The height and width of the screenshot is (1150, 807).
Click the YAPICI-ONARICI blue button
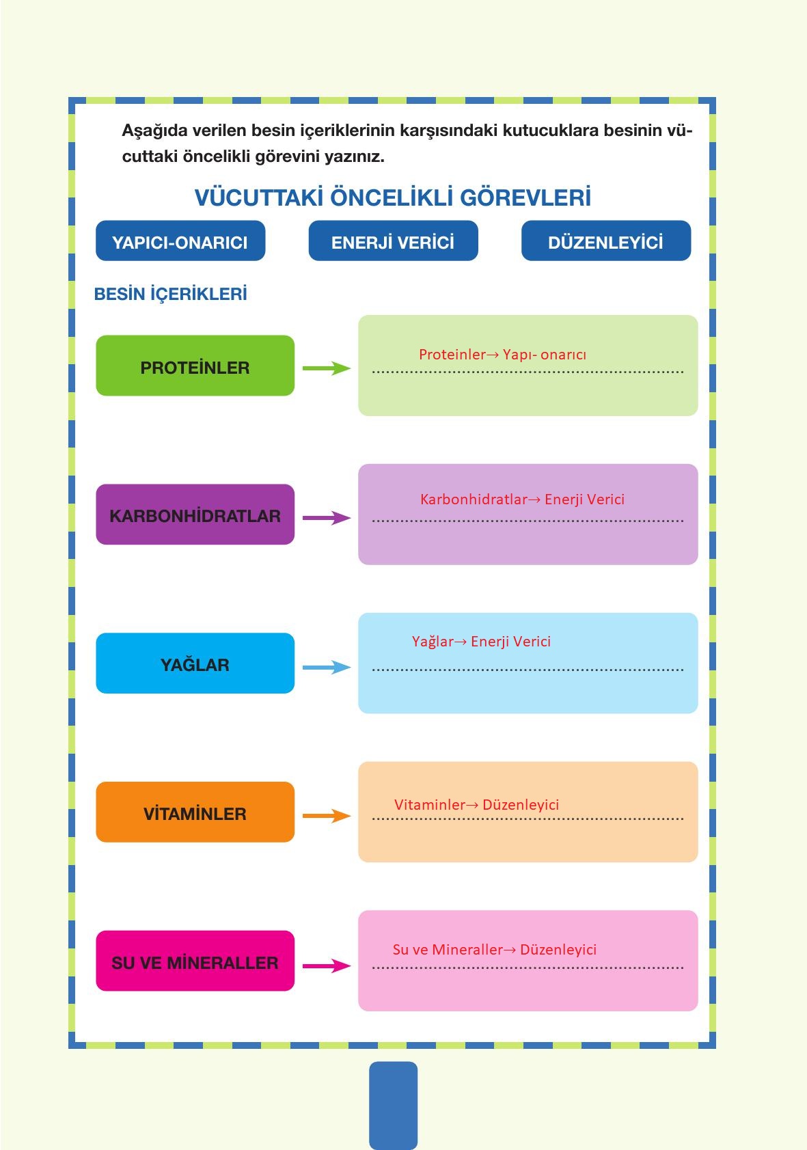pos(180,241)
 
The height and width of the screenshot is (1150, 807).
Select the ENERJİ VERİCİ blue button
pos(393,241)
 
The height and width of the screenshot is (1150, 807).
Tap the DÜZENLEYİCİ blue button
pos(605,241)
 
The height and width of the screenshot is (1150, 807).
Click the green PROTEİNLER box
pos(195,366)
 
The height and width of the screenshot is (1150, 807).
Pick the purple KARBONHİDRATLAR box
pos(195,515)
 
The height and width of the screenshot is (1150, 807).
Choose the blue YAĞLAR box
pos(195,663)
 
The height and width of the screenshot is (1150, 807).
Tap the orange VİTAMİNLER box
pos(195,812)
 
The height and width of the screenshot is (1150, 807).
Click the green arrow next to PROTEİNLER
pos(326,368)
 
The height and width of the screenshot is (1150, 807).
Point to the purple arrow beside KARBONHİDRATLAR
pos(326,518)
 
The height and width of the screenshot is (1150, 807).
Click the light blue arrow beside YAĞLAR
pos(326,667)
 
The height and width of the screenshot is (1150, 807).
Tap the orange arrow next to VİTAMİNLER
pos(326,816)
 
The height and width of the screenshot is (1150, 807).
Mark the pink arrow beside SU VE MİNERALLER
pos(326,966)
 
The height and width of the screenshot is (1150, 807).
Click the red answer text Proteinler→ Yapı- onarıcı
pos(502,355)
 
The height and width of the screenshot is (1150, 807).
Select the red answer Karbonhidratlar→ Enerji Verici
pos(522,499)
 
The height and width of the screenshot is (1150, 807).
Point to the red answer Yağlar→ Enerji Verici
pos(481,642)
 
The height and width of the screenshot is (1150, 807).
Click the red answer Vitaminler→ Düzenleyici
pos(476,805)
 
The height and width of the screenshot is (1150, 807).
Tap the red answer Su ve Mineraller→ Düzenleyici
pos(494,950)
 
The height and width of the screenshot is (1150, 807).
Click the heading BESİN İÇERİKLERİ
pos(170,295)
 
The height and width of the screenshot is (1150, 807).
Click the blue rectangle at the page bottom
pos(393,1105)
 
